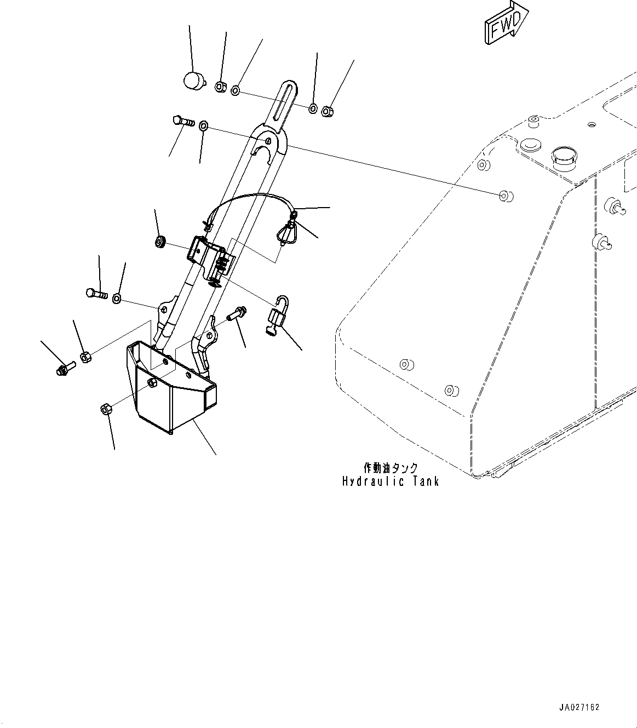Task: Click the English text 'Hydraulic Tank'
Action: tap(391, 482)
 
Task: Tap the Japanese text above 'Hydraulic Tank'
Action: tap(391, 468)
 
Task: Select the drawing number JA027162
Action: tap(579, 707)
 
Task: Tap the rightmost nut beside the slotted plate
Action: tap(327, 111)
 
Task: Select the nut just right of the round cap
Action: tap(220, 87)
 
